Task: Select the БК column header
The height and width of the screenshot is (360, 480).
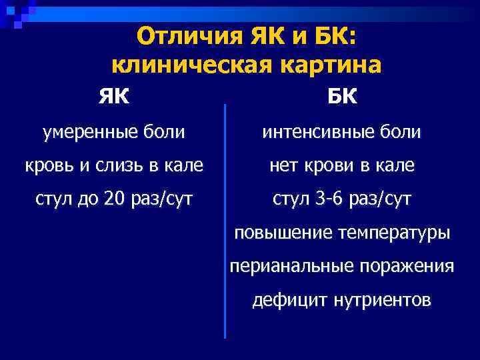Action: point(342,97)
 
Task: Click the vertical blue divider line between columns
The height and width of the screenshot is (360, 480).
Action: point(225,220)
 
